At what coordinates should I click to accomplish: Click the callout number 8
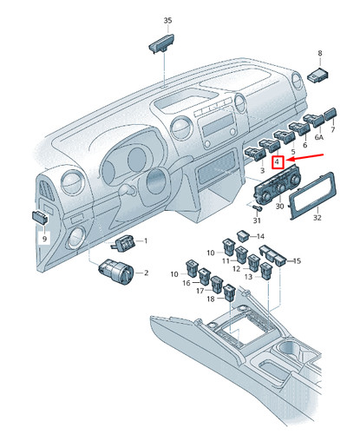tap(319, 53)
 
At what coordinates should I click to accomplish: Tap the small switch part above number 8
tap(318, 76)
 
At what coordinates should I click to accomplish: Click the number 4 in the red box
tap(277, 162)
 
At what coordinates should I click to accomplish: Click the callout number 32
tap(317, 219)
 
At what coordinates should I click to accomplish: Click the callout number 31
tap(256, 220)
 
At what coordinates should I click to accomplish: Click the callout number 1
tap(146, 240)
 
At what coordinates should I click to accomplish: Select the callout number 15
tap(298, 260)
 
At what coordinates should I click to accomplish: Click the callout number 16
tap(186, 283)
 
